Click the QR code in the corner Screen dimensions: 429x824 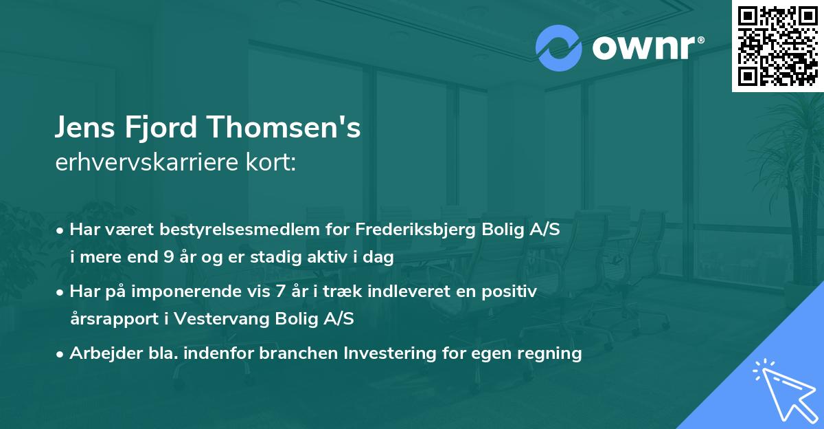tap(777, 45)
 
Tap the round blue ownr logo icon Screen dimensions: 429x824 tap(559, 48)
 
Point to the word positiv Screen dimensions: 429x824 tap(512, 291)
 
